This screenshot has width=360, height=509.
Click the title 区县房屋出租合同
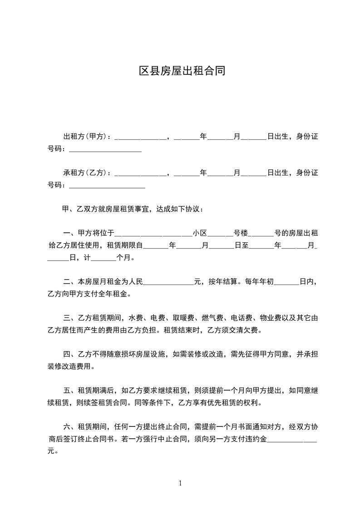[182, 71]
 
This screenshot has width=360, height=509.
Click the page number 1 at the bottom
[180, 483]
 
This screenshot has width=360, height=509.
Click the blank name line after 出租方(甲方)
[141, 137]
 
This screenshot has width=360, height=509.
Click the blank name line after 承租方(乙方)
[141, 174]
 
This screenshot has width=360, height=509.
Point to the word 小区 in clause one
[200, 234]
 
